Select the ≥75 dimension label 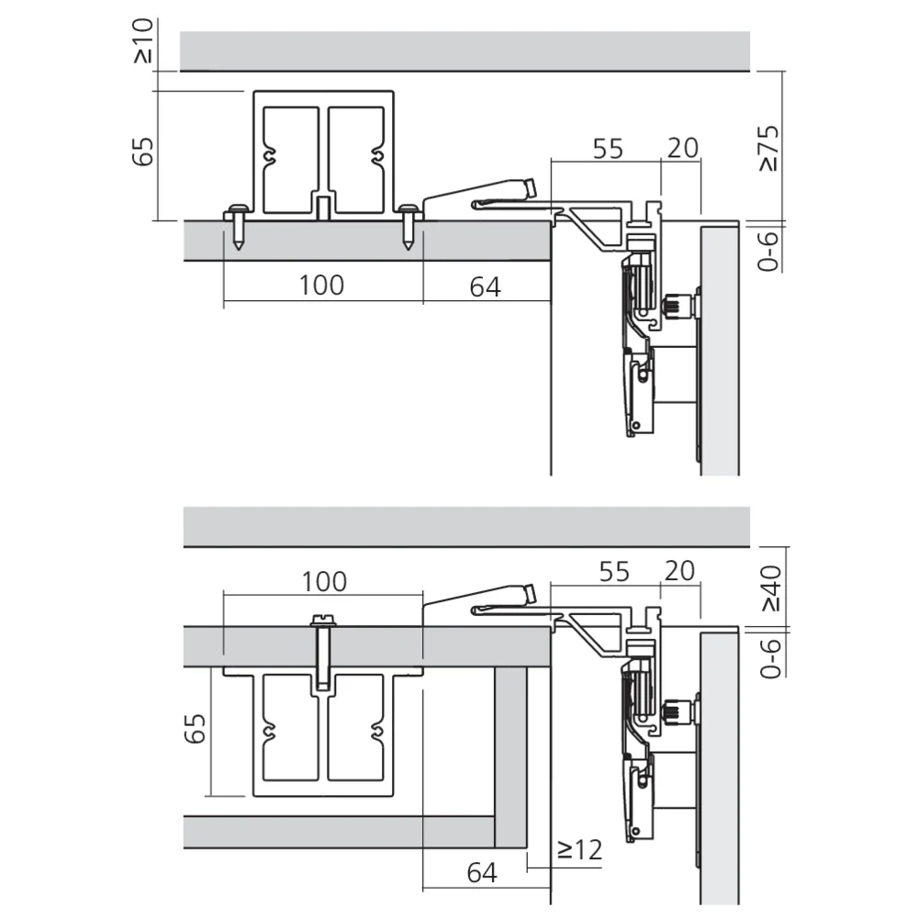point(768,147)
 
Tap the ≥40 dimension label point(770,588)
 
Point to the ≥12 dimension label point(579,850)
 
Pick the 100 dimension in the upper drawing point(321,285)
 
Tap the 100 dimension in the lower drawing point(325,581)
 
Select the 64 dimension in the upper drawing point(485,286)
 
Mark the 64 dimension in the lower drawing point(481,873)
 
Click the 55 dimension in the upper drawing point(607,147)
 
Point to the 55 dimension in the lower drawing point(613,571)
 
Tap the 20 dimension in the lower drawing point(678,571)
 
